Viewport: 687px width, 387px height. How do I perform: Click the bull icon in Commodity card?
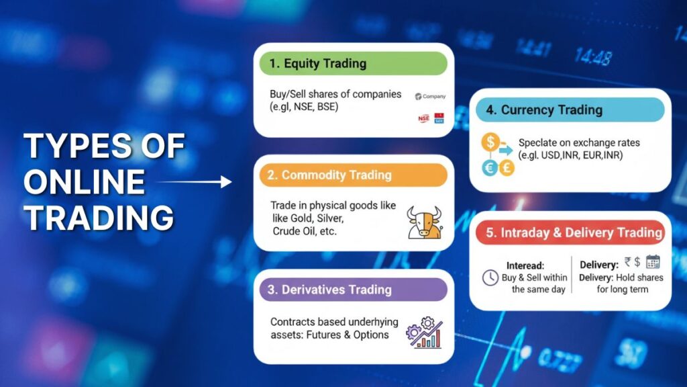coord(425,222)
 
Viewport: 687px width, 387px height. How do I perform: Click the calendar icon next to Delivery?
coord(653,262)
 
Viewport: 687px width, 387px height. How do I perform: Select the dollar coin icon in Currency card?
coord(492,142)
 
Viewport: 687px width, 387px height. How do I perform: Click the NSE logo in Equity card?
coord(423,119)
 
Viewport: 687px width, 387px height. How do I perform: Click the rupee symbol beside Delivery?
coord(627,262)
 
